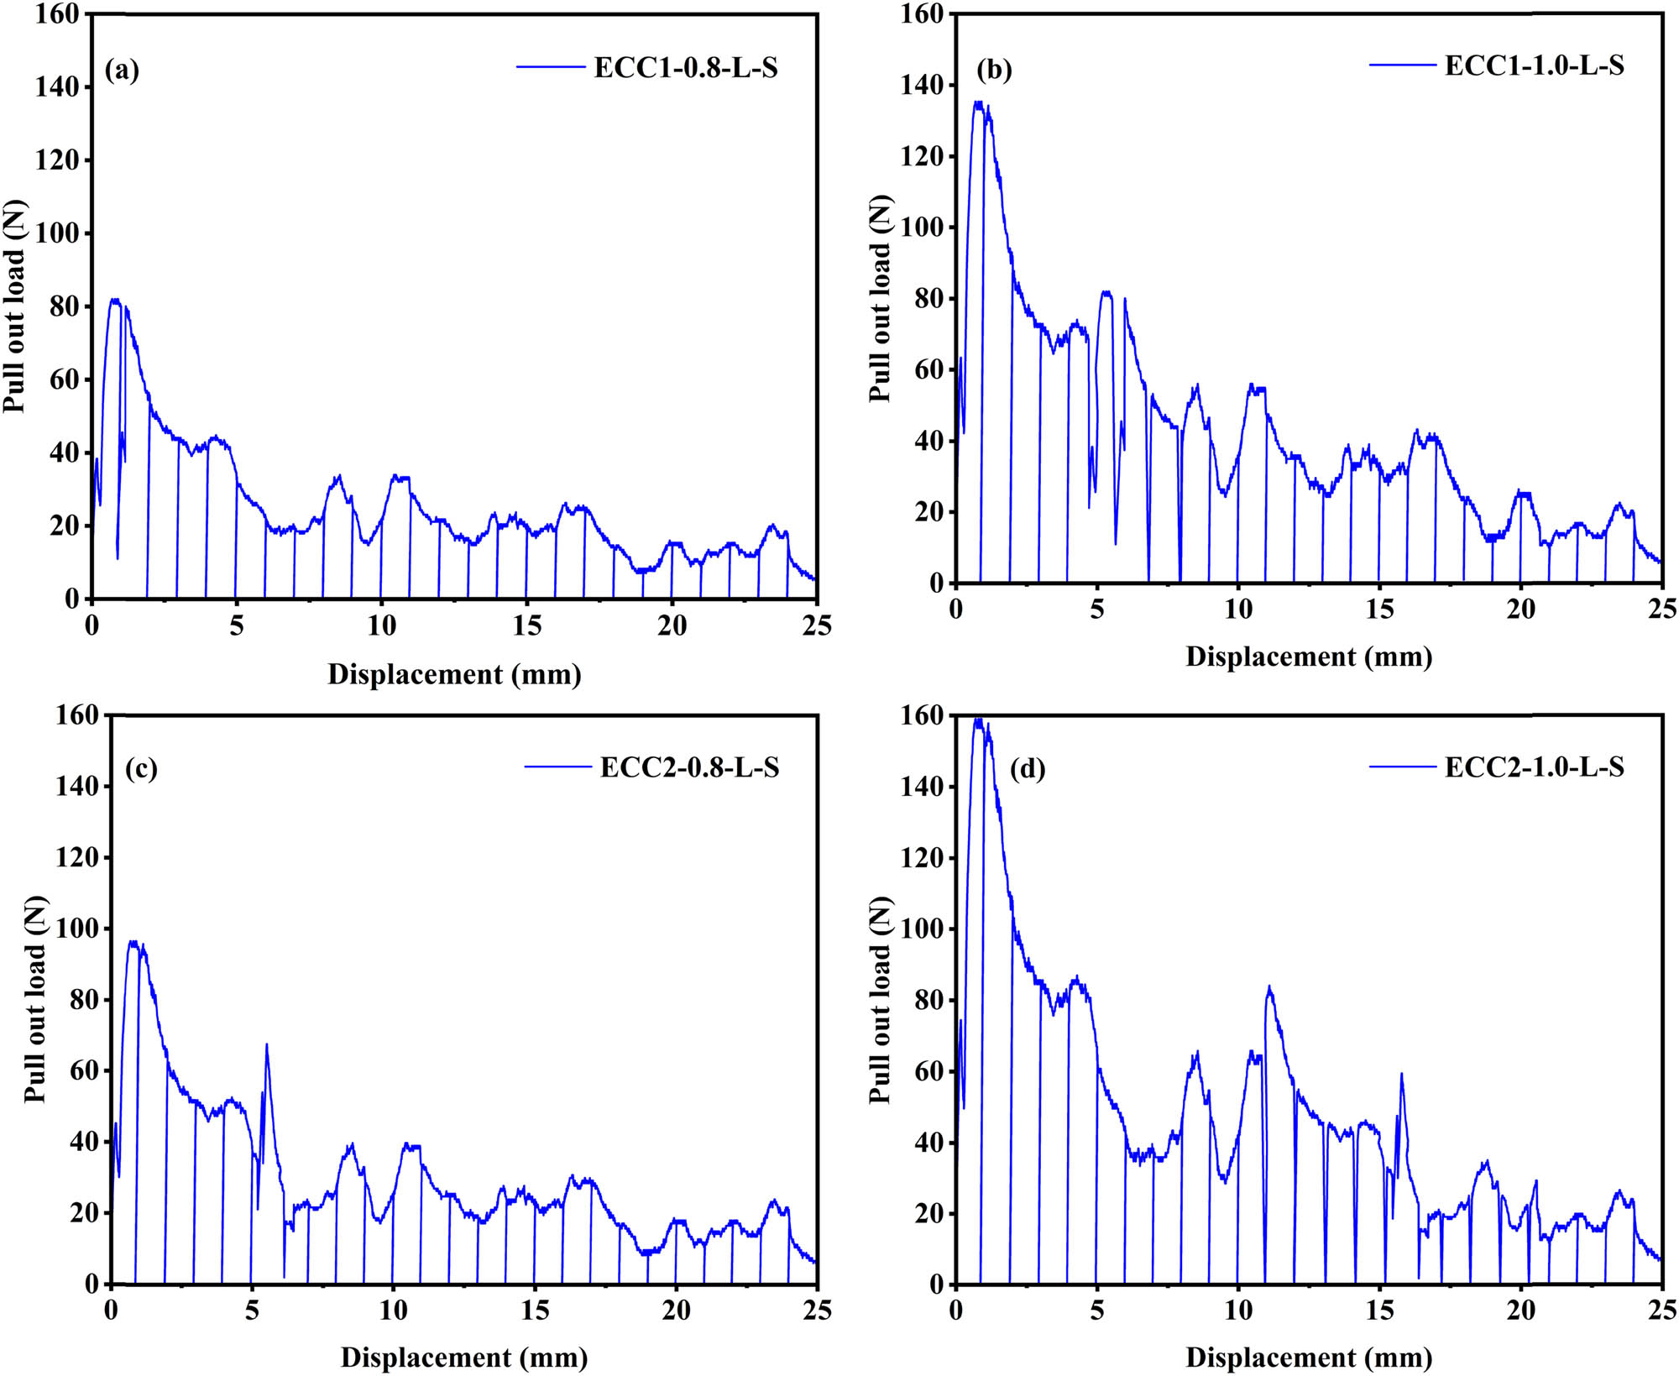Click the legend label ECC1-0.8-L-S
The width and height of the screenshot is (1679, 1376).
pyautogui.click(x=686, y=67)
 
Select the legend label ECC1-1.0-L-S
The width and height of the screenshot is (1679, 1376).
pyautogui.click(x=1534, y=65)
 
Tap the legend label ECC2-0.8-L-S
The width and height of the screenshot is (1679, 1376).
pyautogui.click(x=689, y=766)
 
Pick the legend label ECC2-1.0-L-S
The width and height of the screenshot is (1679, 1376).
pyautogui.click(x=1534, y=766)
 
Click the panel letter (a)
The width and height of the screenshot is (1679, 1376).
pyautogui.click(x=122, y=70)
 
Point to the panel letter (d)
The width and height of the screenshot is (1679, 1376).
pyautogui.click(x=1028, y=768)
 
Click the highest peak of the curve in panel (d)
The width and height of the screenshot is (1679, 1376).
pyautogui.click(x=978, y=719)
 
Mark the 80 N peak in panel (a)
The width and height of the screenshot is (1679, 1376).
pyautogui.click(x=115, y=300)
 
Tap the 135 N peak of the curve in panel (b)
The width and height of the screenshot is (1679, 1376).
pyautogui.click(x=977, y=102)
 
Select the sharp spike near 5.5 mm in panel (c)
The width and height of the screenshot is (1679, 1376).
pyautogui.click(x=266, y=1044)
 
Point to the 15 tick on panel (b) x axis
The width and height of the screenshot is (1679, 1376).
pyautogui.click(x=1379, y=609)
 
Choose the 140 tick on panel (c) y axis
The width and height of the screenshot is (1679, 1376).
pyautogui.click(x=77, y=786)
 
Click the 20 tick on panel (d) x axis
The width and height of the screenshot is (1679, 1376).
pyautogui.click(x=1520, y=1311)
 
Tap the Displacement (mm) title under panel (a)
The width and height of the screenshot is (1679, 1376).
pyautogui.click(x=454, y=674)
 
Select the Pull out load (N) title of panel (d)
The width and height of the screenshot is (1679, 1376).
pyautogui.click(x=880, y=999)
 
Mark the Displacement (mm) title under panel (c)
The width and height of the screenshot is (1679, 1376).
pyautogui.click(x=463, y=1358)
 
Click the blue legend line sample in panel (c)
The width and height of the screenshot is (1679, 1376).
pyautogui.click(x=558, y=766)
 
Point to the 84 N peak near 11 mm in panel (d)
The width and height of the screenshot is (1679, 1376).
pyautogui.click(x=1268, y=988)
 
